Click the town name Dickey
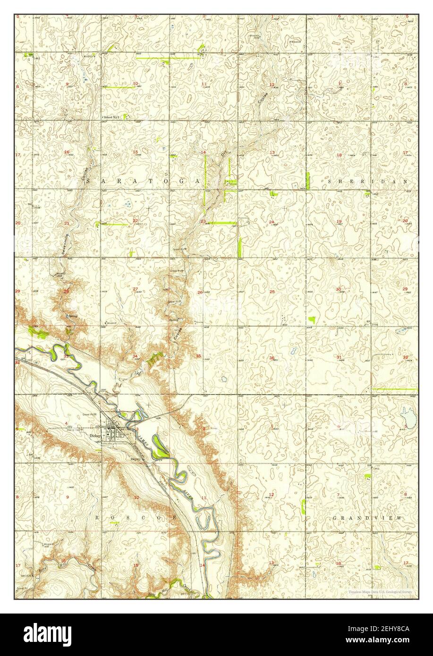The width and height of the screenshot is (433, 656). (95, 436)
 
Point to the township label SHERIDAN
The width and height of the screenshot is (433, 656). (367, 181)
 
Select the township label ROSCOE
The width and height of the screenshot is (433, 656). (137, 518)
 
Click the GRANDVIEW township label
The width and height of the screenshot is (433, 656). (368, 518)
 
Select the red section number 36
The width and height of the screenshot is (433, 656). (272, 358)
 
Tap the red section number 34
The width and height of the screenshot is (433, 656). (135, 356)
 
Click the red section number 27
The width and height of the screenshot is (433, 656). (135, 289)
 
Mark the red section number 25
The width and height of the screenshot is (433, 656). (272, 292)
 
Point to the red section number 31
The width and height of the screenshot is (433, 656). (339, 357)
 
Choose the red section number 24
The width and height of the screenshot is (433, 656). (272, 222)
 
